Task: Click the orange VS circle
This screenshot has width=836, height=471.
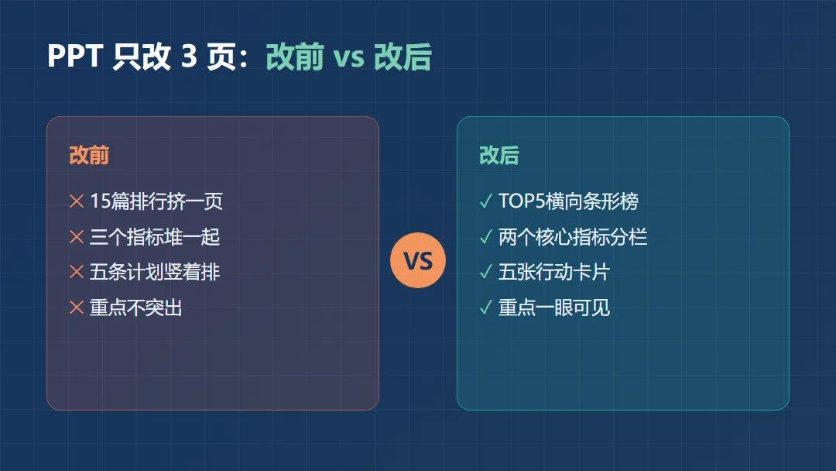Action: pyautogui.click(x=418, y=260)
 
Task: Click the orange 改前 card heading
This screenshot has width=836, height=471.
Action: pyautogui.click(x=89, y=155)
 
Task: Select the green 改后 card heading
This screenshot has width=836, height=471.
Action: pyautogui.click(x=499, y=155)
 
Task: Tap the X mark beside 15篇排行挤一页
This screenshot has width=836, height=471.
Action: pyautogui.click(x=77, y=201)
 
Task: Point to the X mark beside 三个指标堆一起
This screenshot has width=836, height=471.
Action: pyautogui.click(x=77, y=237)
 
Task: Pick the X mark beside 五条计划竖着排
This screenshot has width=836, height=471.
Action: pyautogui.click(x=77, y=272)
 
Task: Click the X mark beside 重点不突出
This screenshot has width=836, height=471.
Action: pyautogui.click(x=77, y=308)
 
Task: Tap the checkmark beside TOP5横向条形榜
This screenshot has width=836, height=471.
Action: pyautogui.click(x=485, y=201)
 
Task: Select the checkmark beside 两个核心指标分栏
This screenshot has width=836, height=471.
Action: pyautogui.click(x=485, y=237)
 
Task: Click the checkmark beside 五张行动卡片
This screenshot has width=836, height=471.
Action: pyautogui.click(x=485, y=272)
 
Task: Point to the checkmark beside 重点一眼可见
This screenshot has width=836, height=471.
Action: pyautogui.click(x=485, y=308)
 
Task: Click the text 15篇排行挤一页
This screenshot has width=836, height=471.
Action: pyautogui.click(x=156, y=201)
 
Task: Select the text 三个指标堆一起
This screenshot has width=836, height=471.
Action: pyautogui.click(x=155, y=237)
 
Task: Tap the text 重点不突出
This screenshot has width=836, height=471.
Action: pyautogui.click(x=136, y=308)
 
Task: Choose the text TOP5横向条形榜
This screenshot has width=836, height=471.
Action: pyautogui.click(x=568, y=201)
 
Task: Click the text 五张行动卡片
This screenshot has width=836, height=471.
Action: pyautogui.click(x=554, y=272)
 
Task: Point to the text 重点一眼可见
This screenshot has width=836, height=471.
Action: pyautogui.click(x=554, y=308)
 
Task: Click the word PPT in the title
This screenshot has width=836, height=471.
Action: pyautogui.click(x=75, y=56)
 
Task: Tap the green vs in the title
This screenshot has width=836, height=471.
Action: pyautogui.click(x=348, y=57)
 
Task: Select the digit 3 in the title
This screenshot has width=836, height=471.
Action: pyautogui.click(x=190, y=56)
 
